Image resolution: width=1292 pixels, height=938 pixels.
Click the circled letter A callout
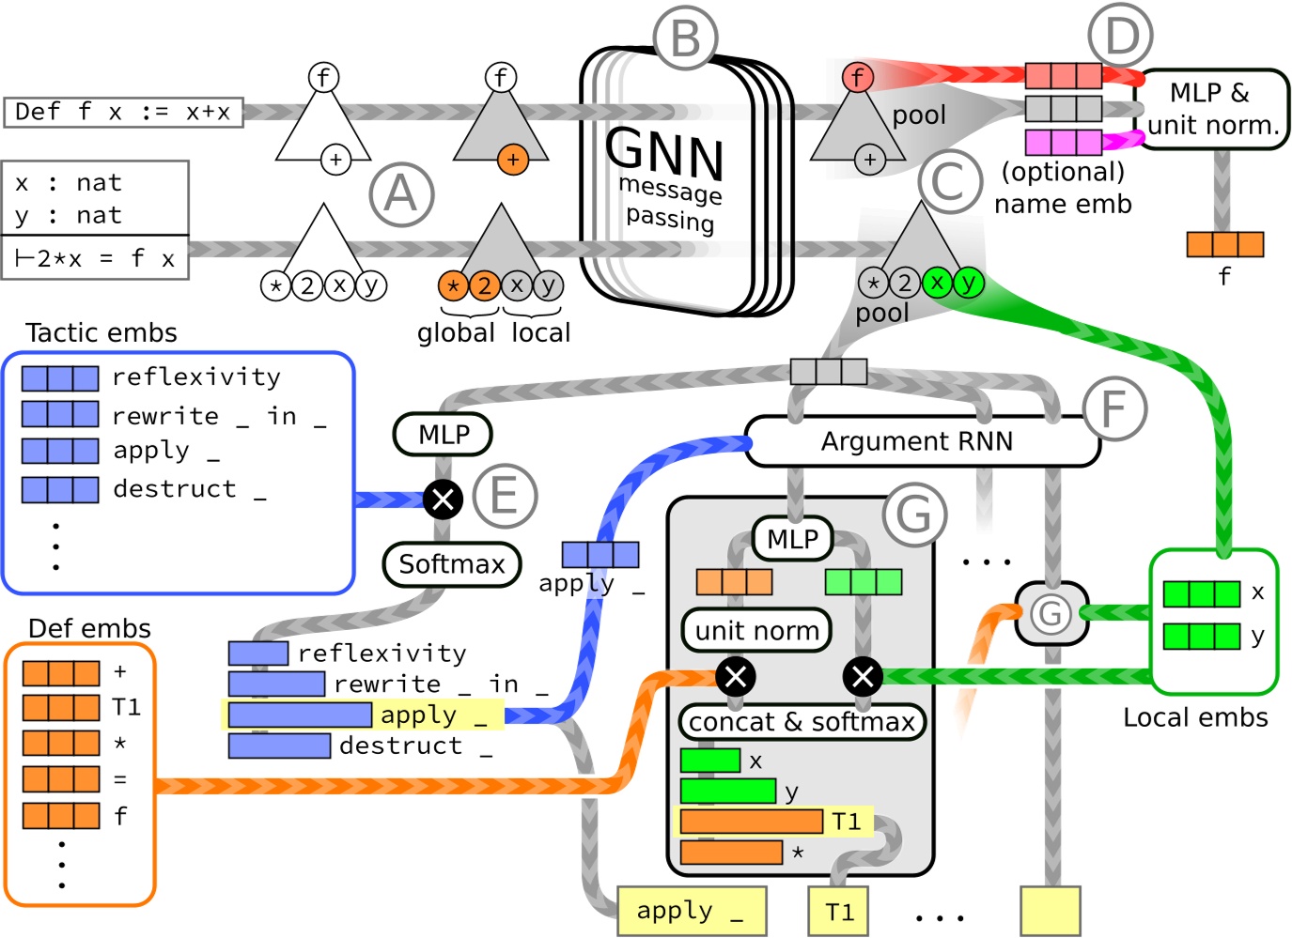pyautogui.click(x=401, y=195)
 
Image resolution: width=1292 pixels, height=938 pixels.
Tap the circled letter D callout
pyautogui.click(x=1120, y=37)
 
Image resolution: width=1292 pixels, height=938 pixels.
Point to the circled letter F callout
pyautogui.click(x=1114, y=408)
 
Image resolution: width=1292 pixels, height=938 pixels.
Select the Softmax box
pyautogui.click(x=452, y=564)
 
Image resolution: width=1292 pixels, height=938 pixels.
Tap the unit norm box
pyautogui.click(x=756, y=630)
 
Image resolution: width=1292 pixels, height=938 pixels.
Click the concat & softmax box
pyautogui.click(x=802, y=721)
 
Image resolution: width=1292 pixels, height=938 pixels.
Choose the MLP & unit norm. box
pyautogui.click(x=1212, y=109)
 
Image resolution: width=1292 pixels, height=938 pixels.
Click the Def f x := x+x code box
pyautogui.click(x=123, y=112)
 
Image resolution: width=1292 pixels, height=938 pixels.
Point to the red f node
pyautogui.click(x=857, y=77)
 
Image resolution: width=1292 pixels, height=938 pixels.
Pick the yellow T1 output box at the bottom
pyautogui.click(x=838, y=911)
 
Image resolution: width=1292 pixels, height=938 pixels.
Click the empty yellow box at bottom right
pyautogui.click(x=1050, y=911)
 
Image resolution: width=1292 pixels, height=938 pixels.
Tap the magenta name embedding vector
pyautogui.click(x=1063, y=142)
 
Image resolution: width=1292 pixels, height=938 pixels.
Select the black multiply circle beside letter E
pyautogui.click(x=443, y=499)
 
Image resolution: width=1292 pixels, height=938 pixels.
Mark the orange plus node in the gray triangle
pyautogui.click(x=513, y=160)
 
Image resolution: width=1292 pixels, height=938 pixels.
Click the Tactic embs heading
pyautogui.click(x=101, y=332)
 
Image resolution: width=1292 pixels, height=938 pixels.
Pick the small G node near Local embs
pyautogui.click(x=1051, y=613)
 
